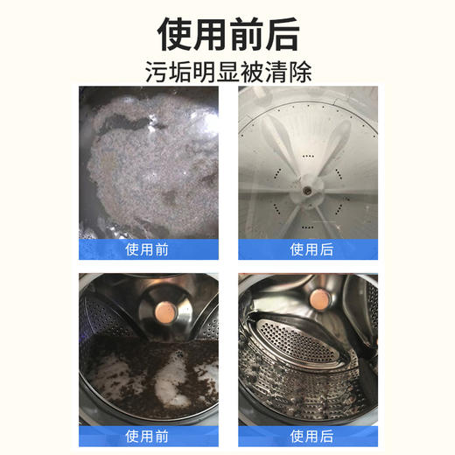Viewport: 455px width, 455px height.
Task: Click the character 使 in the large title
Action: click(x=175, y=33)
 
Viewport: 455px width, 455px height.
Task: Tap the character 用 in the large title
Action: click(x=210, y=33)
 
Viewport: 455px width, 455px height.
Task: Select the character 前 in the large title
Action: click(x=247, y=33)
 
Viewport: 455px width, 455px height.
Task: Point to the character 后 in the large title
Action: click(x=282, y=33)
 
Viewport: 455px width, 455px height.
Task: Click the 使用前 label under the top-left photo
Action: click(x=147, y=249)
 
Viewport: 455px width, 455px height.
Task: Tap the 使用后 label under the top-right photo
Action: click(x=309, y=249)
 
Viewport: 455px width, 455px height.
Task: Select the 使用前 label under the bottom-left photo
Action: click(x=147, y=435)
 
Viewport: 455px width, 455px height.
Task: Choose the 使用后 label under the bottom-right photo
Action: click(x=309, y=435)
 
